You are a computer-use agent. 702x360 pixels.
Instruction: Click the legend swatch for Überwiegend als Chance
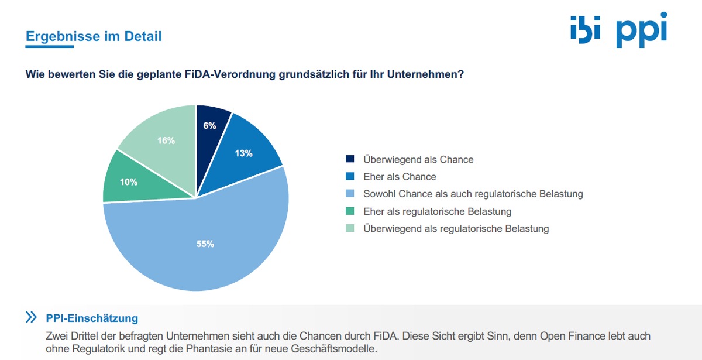tap(350, 159)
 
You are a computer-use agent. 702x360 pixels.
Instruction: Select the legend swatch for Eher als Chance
tap(350, 177)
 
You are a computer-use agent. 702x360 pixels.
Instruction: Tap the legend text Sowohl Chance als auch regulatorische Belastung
tap(473, 194)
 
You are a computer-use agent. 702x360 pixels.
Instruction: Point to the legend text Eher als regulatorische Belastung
tap(437, 211)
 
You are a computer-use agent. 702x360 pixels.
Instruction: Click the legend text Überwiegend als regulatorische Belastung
tap(456, 229)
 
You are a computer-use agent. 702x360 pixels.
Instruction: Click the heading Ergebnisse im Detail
tap(94, 36)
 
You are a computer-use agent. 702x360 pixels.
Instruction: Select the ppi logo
tap(641, 30)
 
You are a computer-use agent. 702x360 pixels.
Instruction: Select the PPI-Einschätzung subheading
tap(92, 318)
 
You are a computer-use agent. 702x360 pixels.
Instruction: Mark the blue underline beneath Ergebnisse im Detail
tap(50, 46)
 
